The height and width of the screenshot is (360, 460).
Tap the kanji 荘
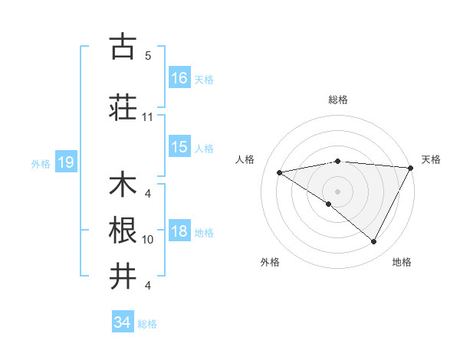pyautogui.click(x=123, y=106)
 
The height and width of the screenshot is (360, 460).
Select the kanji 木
pyautogui.click(x=123, y=185)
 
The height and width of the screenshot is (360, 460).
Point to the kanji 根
pyautogui.click(x=123, y=228)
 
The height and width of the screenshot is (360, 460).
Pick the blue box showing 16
pyautogui.click(x=179, y=77)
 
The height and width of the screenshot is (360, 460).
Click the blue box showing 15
pyautogui.click(x=179, y=148)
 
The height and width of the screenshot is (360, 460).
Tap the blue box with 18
pyautogui.click(x=179, y=232)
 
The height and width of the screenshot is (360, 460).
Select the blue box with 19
pyautogui.click(x=65, y=162)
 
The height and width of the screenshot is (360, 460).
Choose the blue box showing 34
pyautogui.click(x=122, y=322)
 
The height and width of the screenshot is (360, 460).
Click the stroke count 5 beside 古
pyautogui.click(x=147, y=56)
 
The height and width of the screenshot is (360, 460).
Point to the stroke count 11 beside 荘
pyautogui.click(x=147, y=117)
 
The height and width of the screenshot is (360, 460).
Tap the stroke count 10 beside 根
pyautogui.click(x=147, y=240)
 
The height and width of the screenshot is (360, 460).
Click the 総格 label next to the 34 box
pyautogui.click(x=148, y=324)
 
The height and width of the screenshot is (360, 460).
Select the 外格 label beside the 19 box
pyautogui.click(x=41, y=164)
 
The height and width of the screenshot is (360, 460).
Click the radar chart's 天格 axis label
pyautogui.click(x=431, y=159)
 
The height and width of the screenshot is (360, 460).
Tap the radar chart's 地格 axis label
pyautogui.click(x=402, y=262)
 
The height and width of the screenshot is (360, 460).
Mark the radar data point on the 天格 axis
pyautogui.click(x=411, y=168)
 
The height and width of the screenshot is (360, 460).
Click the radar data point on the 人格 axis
pyautogui.click(x=280, y=172)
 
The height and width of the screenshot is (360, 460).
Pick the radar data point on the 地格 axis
pyautogui.click(x=374, y=242)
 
